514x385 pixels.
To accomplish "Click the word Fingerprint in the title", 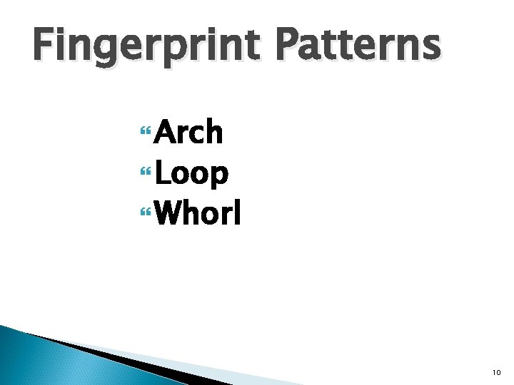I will [x=143, y=44].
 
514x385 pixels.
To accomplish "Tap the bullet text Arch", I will [x=188, y=133].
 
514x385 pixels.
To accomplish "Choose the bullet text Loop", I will [x=191, y=173].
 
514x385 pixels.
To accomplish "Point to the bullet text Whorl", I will [x=197, y=212].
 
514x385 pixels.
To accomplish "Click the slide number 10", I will [x=496, y=372].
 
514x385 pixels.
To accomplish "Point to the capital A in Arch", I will [x=167, y=133].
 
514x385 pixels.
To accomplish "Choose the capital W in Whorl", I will [x=171, y=212].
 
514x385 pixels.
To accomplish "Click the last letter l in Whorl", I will [x=238, y=211].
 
